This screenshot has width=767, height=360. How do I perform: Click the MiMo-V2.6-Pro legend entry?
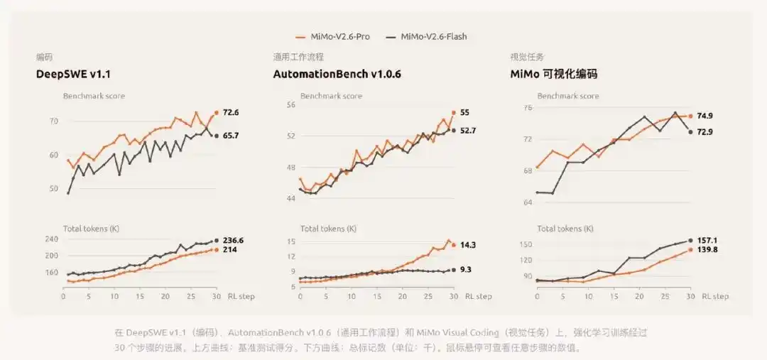point(332,37)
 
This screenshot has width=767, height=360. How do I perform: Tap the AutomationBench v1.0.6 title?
point(333,75)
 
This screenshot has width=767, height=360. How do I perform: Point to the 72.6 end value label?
point(231,112)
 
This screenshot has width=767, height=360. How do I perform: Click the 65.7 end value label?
point(231,136)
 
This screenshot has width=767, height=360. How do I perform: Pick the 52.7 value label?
point(468,131)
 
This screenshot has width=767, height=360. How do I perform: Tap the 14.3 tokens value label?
point(468,245)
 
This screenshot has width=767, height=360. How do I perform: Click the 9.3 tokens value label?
point(466,270)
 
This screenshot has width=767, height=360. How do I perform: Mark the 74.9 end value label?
point(705,116)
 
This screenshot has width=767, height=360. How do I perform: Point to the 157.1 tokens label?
point(707,241)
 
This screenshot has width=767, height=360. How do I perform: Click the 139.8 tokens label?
point(707,250)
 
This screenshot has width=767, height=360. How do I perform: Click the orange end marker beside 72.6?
point(216,112)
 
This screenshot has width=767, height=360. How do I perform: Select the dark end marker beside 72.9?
point(690,131)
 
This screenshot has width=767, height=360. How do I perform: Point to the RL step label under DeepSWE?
point(241,296)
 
